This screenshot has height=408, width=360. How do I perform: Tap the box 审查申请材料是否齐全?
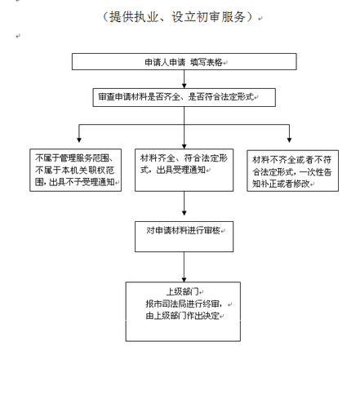[183, 97]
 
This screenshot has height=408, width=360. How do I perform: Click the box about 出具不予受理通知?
[75, 170]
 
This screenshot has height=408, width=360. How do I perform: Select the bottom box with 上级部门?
[183, 311]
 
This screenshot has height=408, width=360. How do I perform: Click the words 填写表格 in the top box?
[206, 62]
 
